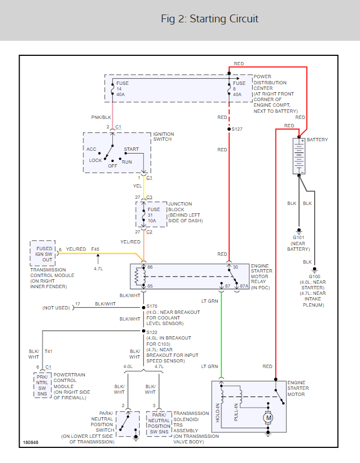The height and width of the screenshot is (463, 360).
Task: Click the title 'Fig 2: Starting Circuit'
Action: [x=210, y=19]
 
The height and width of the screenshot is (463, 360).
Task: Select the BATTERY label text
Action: [x=317, y=140]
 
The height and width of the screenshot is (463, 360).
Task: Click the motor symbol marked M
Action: [x=268, y=417]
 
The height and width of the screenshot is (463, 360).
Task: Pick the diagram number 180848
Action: [x=32, y=443]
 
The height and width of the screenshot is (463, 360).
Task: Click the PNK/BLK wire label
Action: [x=101, y=118]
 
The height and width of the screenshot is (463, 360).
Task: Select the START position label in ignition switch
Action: [x=131, y=149]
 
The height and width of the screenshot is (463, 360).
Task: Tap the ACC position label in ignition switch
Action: [x=92, y=149]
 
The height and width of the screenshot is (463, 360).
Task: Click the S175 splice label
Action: [x=152, y=307]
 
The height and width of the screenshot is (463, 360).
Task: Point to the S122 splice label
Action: [x=152, y=332]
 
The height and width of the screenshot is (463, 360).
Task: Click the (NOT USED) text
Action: [x=56, y=308]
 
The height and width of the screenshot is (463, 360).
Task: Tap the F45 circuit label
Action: [x=96, y=249]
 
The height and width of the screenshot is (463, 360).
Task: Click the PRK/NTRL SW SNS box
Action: [x=42, y=385]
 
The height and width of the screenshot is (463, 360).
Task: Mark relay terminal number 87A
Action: [x=244, y=286]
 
